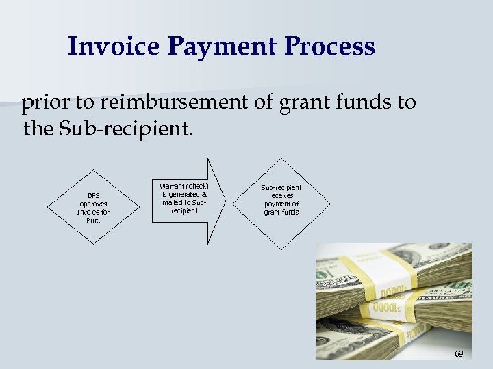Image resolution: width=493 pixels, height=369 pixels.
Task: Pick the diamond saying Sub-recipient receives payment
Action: point(281,200)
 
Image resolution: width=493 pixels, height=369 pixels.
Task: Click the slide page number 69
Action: point(459,353)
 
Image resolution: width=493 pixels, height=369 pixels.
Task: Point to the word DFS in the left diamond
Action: point(93,195)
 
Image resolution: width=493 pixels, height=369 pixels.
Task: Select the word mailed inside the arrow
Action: point(172,202)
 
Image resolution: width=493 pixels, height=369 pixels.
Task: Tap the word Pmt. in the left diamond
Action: point(93,220)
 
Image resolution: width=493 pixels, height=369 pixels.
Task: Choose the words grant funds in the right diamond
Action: point(281,212)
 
